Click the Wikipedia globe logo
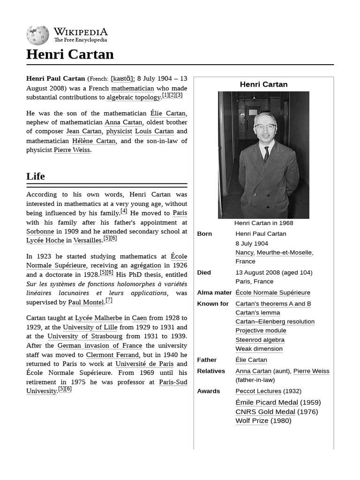(x=37, y=35)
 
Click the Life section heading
(x=36, y=176)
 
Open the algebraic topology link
(x=133, y=97)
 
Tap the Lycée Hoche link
(x=45, y=240)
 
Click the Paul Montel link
(x=86, y=302)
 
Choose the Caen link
(x=140, y=318)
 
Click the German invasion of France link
(x=100, y=345)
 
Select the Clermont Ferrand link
(x=112, y=355)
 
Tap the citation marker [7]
(x=109, y=300)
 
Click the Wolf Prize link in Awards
(x=252, y=420)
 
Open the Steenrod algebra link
(x=260, y=340)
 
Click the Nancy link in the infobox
(x=244, y=252)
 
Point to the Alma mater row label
(x=214, y=292)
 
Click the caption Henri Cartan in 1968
(x=263, y=223)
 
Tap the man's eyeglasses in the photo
(x=264, y=126)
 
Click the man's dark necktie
(x=266, y=153)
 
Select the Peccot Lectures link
(x=258, y=391)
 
